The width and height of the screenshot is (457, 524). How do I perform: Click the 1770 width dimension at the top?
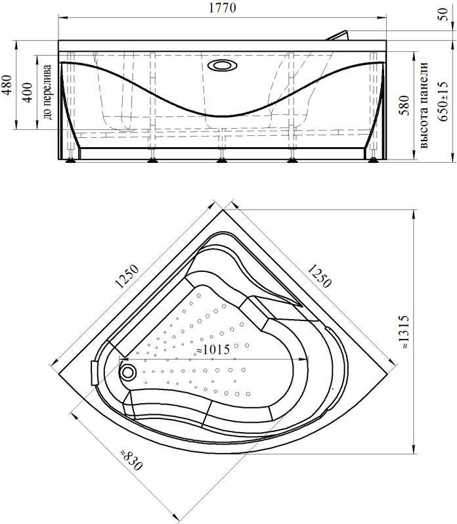(x=223, y=8)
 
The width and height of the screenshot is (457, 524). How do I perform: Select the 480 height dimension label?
(x=7, y=85)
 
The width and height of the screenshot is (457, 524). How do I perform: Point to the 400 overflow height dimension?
(x=28, y=93)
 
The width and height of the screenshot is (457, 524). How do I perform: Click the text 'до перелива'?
(x=47, y=92)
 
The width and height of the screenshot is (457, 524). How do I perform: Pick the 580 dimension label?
(x=404, y=105)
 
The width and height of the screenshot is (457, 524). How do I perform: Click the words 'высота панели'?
(x=424, y=105)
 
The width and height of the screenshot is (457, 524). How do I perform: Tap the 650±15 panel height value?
(x=443, y=102)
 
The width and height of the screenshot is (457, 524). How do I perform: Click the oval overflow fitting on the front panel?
(x=222, y=65)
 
